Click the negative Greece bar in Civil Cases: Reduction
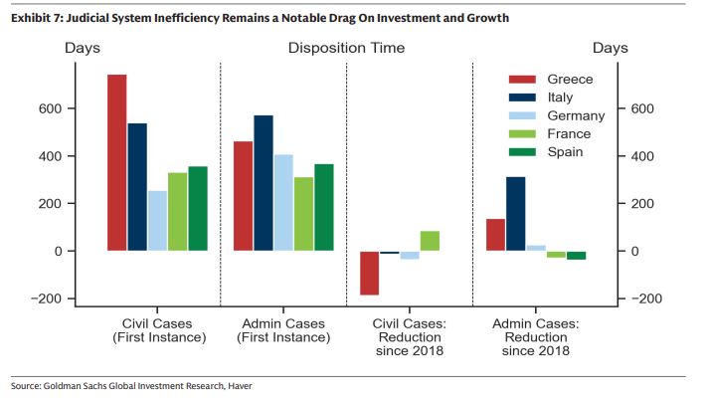pos(369,273)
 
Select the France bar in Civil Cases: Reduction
pos(430,241)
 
